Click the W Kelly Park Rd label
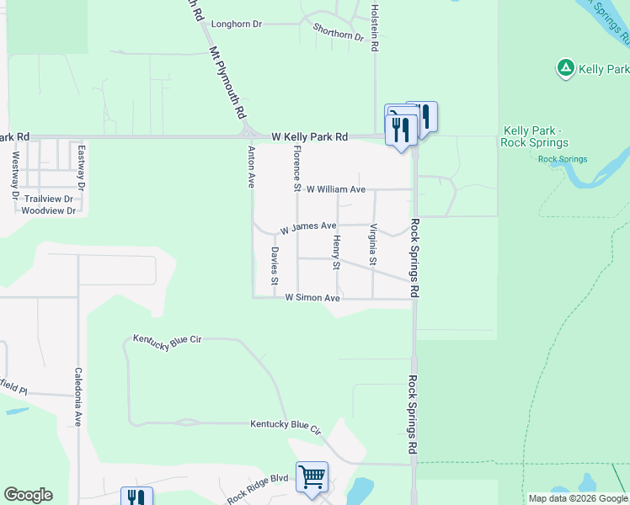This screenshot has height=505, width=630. (x=309, y=136)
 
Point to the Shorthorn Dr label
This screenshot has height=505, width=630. (x=338, y=32)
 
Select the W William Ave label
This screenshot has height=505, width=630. (x=335, y=189)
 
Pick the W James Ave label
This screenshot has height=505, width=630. (x=308, y=226)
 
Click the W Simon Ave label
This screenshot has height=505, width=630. (x=312, y=298)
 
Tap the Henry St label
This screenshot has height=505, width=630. (x=335, y=252)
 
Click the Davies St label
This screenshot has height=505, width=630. (x=274, y=266)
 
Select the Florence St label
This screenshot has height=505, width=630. (x=296, y=166)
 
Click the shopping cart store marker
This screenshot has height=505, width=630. (x=312, y=478)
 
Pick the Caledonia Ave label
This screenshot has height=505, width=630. (x=77, y=397)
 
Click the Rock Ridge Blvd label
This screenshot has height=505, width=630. (x=258, y=487)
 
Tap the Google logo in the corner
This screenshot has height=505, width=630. (x=28, y=495)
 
